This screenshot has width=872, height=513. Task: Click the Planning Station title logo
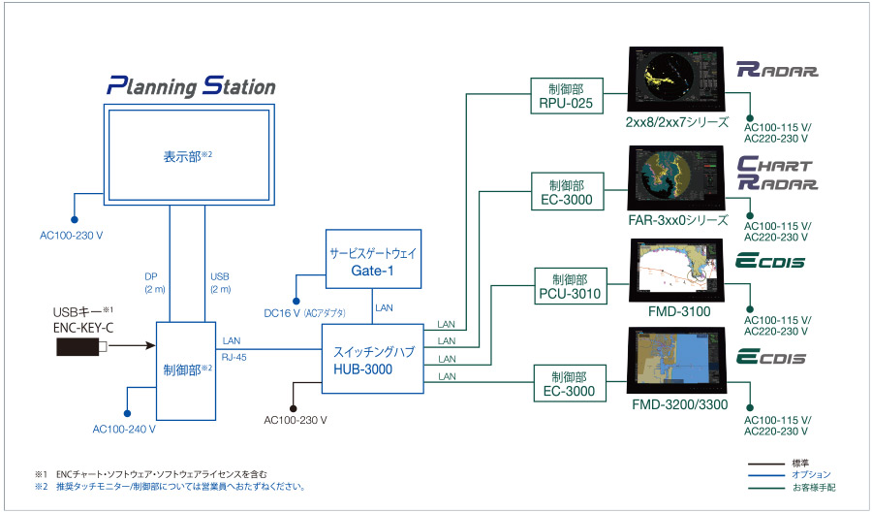[x=191, y=86]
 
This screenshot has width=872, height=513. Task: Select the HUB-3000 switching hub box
[x=373, y=359]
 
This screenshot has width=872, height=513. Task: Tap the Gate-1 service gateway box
[x=373, y=259]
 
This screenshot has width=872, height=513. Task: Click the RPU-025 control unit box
[x=567, y=96]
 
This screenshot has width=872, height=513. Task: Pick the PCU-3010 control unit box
[x=570, y=286]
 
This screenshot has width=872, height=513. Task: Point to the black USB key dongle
[x=81, y=346]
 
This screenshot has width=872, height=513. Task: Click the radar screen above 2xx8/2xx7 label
[x=675, y=80]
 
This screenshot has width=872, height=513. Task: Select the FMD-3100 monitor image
[x=677, y=270]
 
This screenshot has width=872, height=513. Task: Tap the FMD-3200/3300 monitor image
[x=677, y=361]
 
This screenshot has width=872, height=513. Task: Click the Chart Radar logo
[x=777, y=173]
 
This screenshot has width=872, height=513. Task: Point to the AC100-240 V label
[x=124, y=429]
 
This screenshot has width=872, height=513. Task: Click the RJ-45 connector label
[x=234, y=357]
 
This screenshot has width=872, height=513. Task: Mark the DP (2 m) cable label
[x=155, y=282]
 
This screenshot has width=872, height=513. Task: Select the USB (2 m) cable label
[x=220, y=282]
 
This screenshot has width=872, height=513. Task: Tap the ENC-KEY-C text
[x=83, y=328]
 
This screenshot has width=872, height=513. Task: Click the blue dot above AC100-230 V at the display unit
[x=74, y=220]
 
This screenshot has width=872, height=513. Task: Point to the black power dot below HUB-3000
[x=293, y=408]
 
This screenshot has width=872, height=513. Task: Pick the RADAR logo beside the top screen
[x=777, y=70]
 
